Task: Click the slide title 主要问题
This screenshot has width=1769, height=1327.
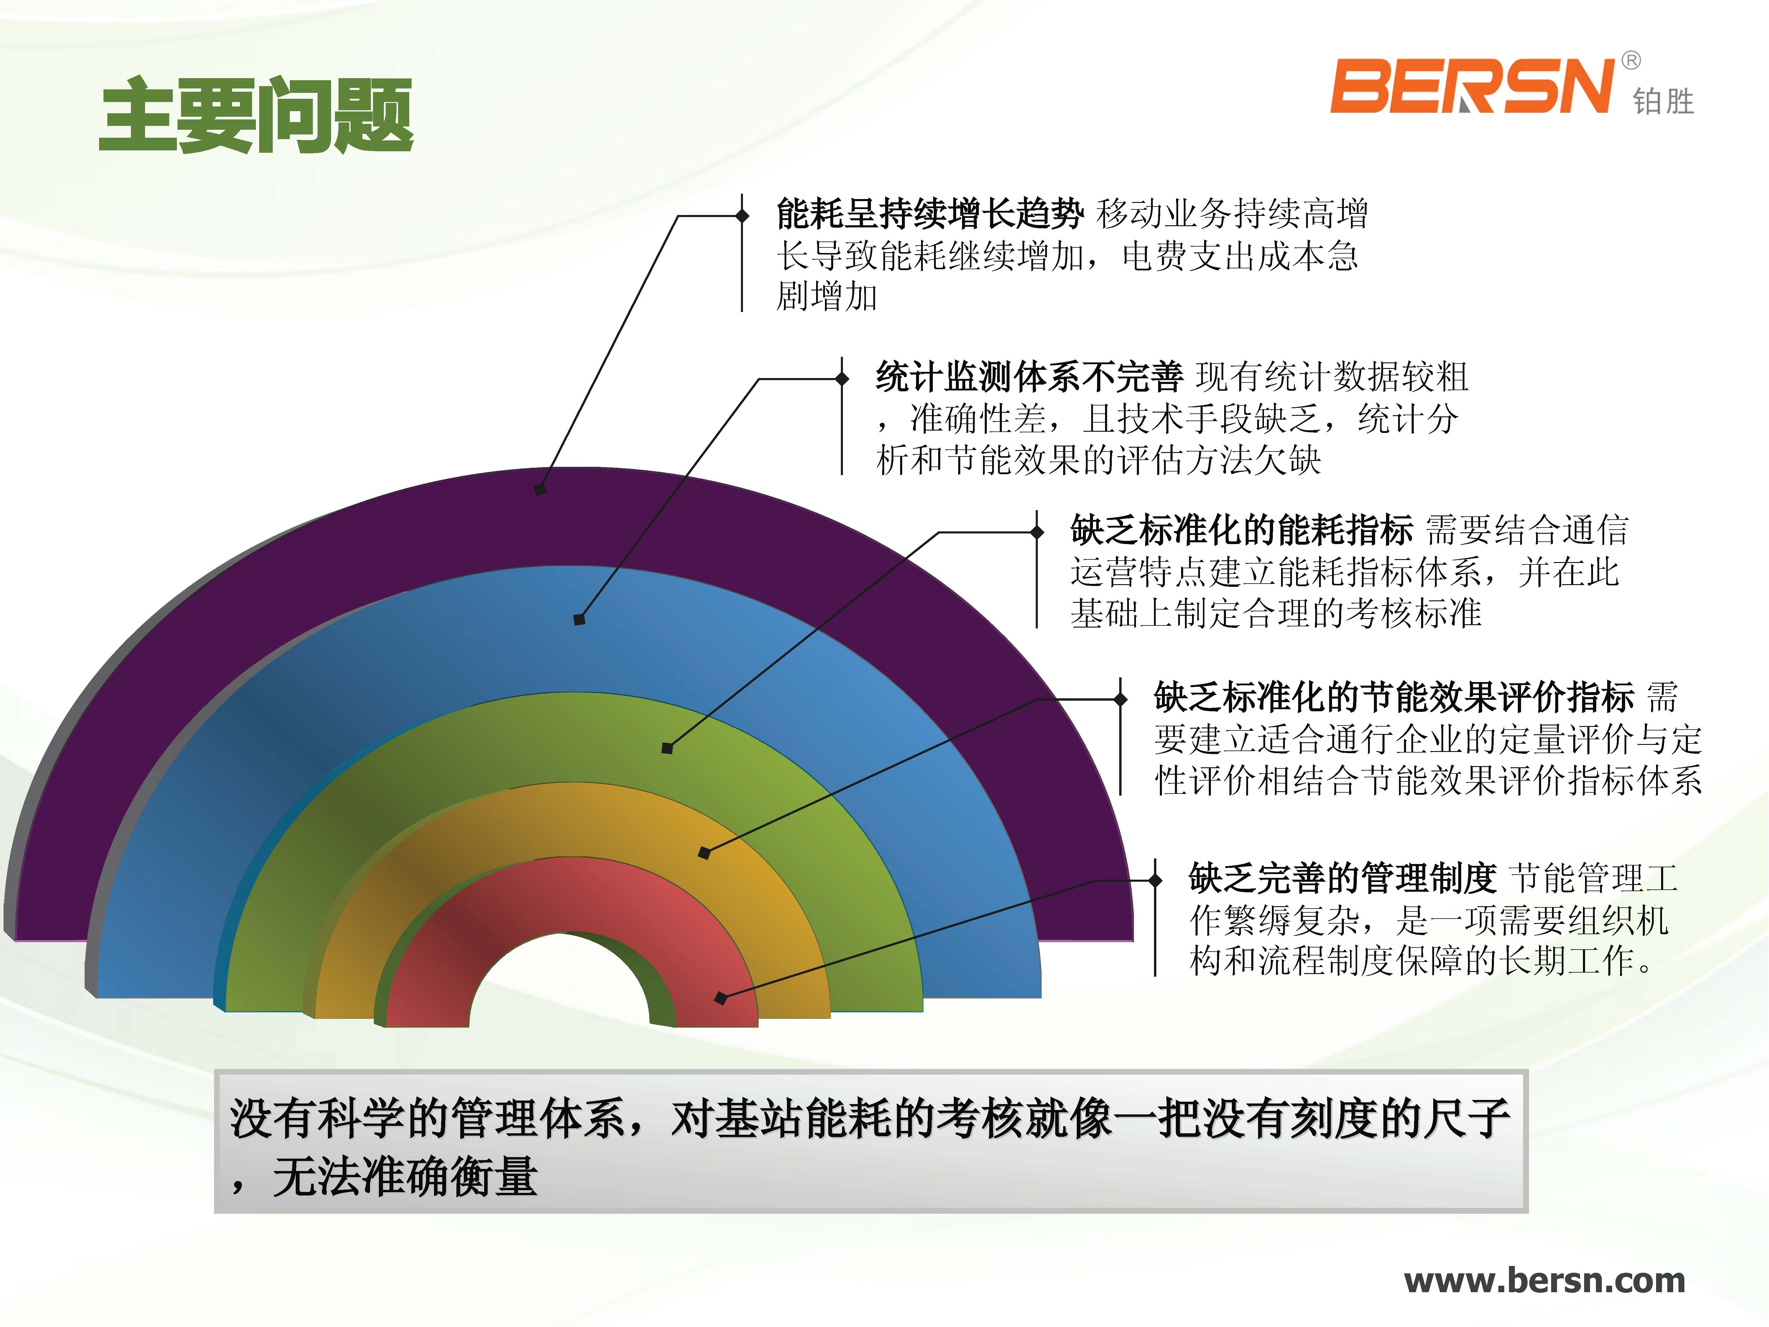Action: (256, 114)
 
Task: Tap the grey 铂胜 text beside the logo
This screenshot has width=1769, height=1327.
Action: (1663, 101)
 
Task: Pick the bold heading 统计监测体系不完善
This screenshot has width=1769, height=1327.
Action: (1029, 377)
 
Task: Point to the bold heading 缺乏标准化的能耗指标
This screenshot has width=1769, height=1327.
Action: (1242, 530)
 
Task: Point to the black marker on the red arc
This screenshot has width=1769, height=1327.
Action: (721, 998)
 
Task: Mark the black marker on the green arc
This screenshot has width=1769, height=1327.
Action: (667, 749)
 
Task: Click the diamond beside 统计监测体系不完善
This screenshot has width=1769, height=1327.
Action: (842, 378)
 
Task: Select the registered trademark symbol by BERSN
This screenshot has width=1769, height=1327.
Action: (1631, 61)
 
